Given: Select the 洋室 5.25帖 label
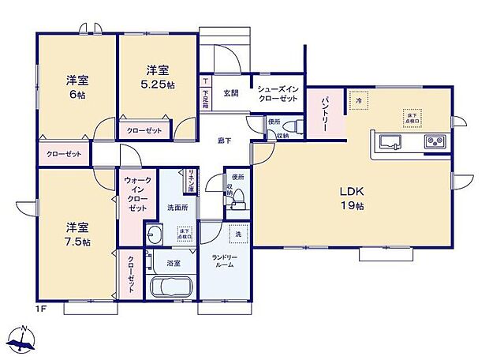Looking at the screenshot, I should pos(157,77).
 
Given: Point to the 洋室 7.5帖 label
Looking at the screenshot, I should pos(76,234).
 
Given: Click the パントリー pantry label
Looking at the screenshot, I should pos(324,111).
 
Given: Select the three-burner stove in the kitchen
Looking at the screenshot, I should pos(436,142).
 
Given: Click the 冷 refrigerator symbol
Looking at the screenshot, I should pos(357,100).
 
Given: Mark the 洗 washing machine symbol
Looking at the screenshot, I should pos(237,234).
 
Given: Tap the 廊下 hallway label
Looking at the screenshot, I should pos(224,140).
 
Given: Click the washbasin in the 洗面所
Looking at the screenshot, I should pos(154,234).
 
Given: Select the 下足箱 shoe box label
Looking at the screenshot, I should pos(205,95).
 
